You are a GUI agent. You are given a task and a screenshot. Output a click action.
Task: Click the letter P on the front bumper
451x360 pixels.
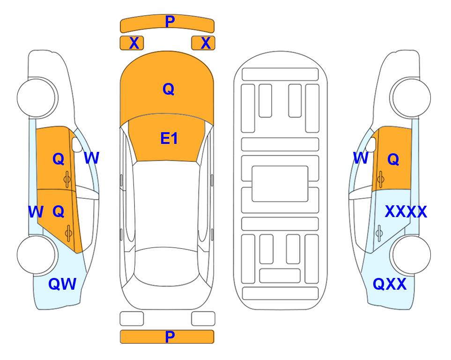pos(170,21)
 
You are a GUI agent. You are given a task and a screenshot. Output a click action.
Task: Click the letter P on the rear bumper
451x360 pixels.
pos(170,337)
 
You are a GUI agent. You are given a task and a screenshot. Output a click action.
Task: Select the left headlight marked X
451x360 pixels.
pos(132,43)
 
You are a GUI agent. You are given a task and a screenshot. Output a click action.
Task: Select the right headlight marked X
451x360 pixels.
pos(203,43)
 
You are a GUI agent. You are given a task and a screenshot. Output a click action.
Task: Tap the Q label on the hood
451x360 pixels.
pos(169,89)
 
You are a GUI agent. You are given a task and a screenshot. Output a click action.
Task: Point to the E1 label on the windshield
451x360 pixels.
pos(169,138)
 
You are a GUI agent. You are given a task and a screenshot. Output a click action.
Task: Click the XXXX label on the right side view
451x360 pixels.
pos(406,212)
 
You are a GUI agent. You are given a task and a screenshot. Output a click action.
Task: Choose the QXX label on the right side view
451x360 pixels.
pos(390,284)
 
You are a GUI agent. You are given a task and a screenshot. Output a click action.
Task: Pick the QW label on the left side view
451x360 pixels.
pos(62,284)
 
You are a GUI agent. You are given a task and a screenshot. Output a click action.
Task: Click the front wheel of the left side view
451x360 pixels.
pos(36,97)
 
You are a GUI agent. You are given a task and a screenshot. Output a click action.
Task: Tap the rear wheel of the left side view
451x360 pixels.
pos(36,255)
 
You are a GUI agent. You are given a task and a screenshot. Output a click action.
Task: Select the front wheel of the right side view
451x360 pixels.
pos(411,97)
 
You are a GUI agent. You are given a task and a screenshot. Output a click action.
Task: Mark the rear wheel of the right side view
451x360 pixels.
pos(411,255)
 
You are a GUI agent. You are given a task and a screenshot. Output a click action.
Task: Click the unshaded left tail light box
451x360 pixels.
pos(132,319)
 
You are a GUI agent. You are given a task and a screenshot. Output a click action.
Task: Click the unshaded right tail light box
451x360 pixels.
pos(203,319)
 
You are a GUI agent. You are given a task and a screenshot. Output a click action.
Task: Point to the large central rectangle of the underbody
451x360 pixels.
pos(280,184)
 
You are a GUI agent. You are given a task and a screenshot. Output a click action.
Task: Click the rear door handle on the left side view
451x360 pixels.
pos(68,233)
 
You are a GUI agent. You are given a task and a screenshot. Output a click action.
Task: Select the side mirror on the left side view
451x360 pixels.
pos(77,144)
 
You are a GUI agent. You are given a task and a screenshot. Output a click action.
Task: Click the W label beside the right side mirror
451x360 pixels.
pos(361,158)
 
